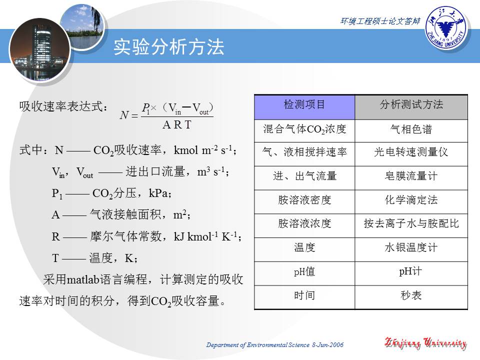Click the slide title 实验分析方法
pos(169,47)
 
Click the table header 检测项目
pos(304,105)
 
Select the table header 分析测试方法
pos(411,105)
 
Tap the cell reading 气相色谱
pos(411,130)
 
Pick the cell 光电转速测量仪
pos(411,152)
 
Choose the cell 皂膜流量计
pos(411,176)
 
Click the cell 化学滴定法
pos(411,200)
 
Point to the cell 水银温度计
pos(411,247)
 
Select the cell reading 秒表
pos(411,295)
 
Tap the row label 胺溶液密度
pos(304,200)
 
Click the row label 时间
pos(304,295)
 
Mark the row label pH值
pos(304,272)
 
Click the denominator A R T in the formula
pos(176,125)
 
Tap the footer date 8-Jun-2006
pos(327,345)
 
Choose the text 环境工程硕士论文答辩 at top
pos(380,21)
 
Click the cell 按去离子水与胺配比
pos(411,224)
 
